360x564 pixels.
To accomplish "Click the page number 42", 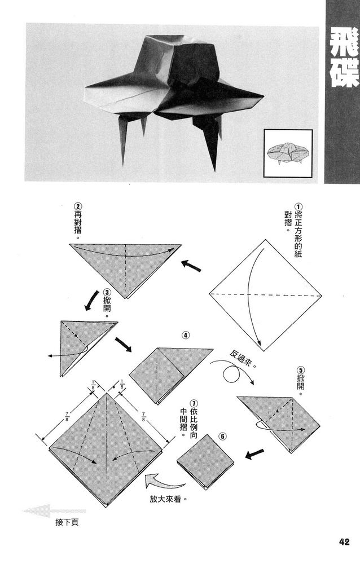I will pyautogui.click(x=345, y=542).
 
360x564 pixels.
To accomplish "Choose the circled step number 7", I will pyautogui.click(x=194, y=404).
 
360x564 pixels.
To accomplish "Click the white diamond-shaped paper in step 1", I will pyautogui.click(x=265, y=294).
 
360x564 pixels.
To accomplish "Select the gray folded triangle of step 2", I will pyautogui.click(x=125, y=268).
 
